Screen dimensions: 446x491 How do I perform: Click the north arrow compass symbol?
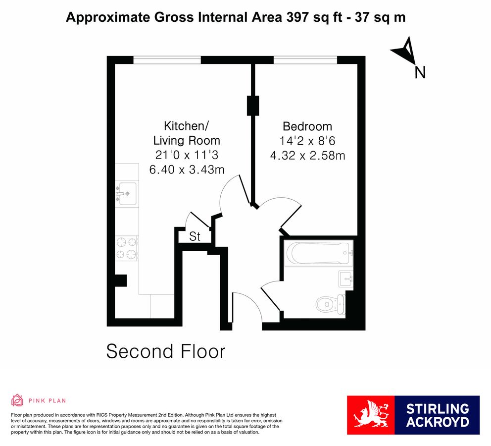(x=406, y=50)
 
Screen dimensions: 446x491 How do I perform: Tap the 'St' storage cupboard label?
(x=195, y=237)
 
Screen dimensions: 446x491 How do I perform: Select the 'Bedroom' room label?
(x=307, y=126)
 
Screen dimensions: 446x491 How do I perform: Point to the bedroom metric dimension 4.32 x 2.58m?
(x=307, y=156)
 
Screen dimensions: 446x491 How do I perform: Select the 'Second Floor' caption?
(x=165, y=351)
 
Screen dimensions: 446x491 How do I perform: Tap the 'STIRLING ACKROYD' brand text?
(x=437, y=415)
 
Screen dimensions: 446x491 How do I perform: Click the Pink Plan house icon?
(x=17, y=400)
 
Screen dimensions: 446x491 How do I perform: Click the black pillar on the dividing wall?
(x=253, y=105)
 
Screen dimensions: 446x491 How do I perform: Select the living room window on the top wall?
(x=167, y=60)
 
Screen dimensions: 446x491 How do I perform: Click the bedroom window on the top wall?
(x=305, y=60)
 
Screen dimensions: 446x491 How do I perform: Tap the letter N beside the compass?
(x=420, y=73)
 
